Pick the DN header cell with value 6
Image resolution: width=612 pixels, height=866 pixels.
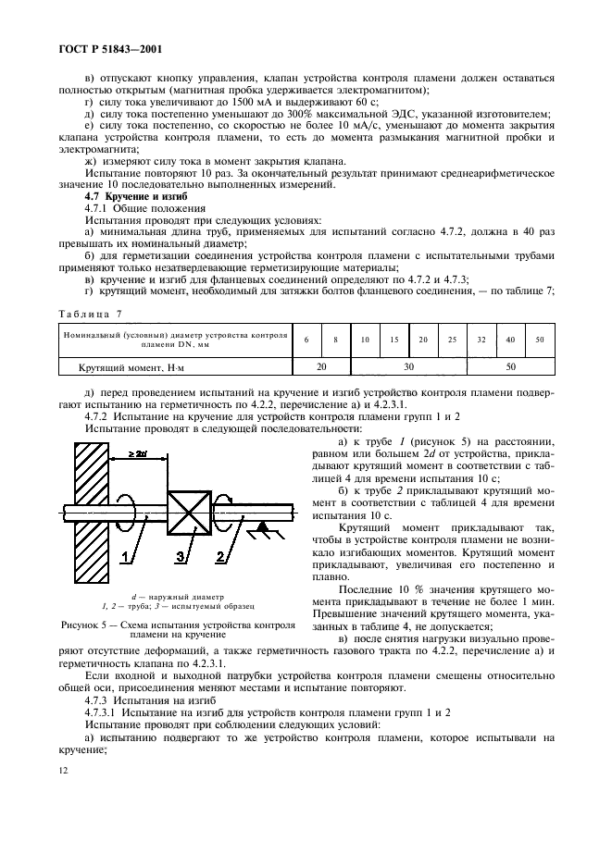(306, 340)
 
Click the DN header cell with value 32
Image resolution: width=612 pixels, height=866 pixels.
(480, 340)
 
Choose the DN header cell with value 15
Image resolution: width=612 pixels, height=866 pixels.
(393, 340)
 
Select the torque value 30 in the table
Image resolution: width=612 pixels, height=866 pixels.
(407, 367)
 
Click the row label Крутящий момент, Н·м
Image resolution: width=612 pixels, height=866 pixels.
(128, 368)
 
